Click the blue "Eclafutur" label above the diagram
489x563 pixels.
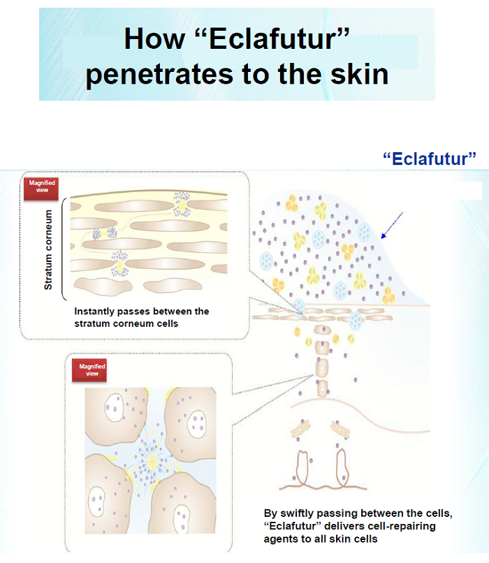click(x=430, y=159)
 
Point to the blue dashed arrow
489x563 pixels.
click(x=392, y=225)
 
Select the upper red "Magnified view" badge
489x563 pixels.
click(x=42, y=188)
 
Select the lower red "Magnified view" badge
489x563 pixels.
click(x=89, y=370)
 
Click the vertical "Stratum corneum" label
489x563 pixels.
click(x=48, y=249)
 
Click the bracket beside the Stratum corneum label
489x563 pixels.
click(x=64, y=249)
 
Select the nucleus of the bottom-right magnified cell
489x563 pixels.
click(x=182, y=519)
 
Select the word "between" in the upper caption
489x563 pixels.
click(x=173, y=312)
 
